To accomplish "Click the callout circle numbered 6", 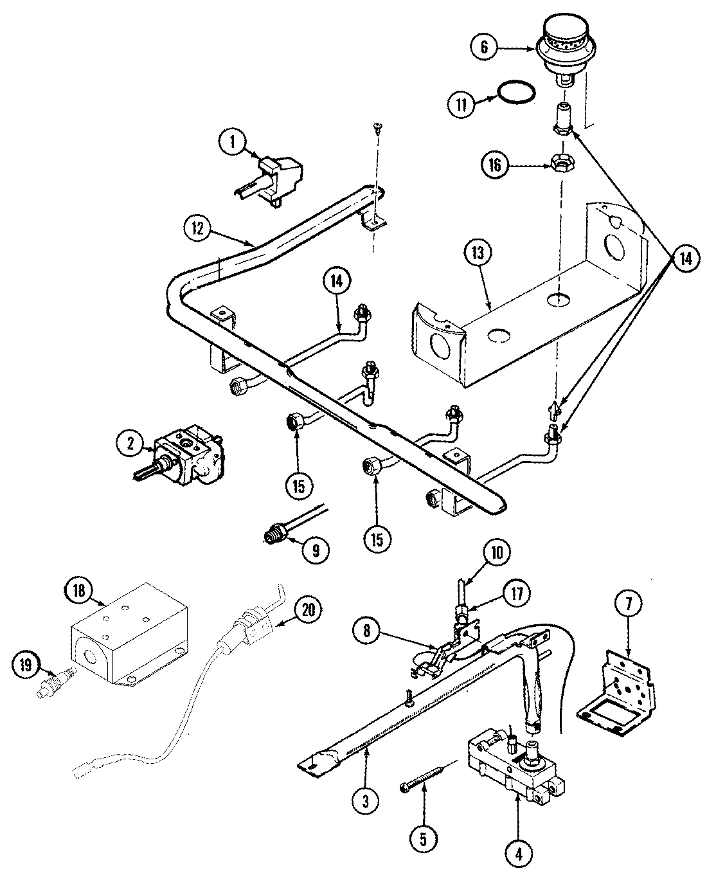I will tap(484, 47).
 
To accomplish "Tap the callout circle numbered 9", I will tap(315, 549).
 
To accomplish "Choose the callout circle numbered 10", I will tap(500, 552).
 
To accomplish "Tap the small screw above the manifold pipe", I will tap(379, 129).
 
